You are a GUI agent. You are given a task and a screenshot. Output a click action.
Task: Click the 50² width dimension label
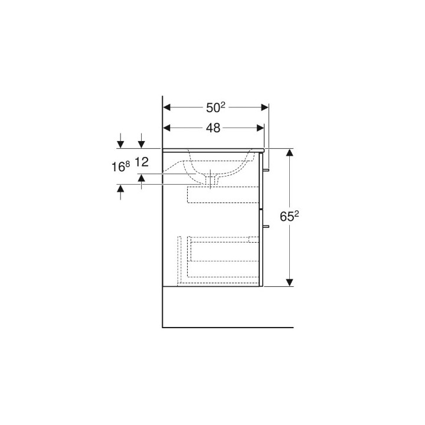(x=215, y=107)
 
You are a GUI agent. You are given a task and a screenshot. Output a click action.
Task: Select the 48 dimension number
(x=213, y=127)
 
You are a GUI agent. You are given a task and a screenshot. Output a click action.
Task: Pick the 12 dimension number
(x=142, y=162)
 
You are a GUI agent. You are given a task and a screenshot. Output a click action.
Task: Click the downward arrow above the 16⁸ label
(x=120, y=143)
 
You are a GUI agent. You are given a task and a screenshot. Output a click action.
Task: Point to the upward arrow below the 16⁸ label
(x=120, y=189)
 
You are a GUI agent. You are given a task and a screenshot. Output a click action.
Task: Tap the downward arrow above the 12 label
(x=142, y=143)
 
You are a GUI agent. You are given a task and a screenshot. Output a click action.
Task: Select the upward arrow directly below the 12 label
(x=142, y=178)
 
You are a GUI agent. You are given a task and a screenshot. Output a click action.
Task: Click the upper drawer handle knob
(x=267, y=170)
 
